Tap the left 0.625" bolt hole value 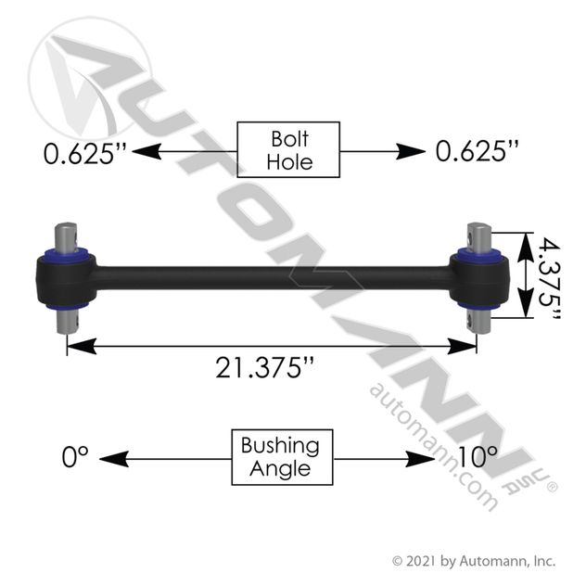[85, 153]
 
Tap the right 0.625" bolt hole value [478, 151]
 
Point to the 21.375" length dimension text [264, 368]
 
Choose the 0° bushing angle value [75, 457]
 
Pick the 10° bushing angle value [478, 457]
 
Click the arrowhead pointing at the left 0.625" [146, 152]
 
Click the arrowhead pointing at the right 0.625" [411, 152]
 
